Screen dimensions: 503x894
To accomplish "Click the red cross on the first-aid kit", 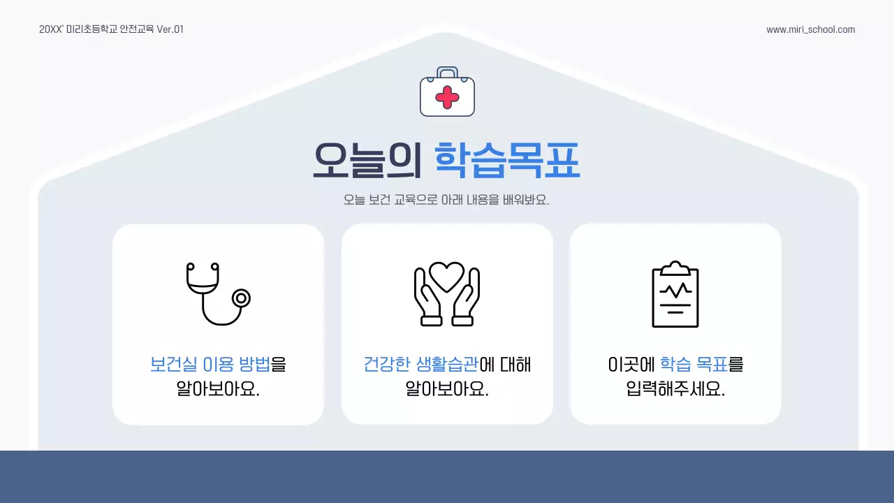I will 447,97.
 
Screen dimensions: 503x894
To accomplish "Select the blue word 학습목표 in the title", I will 507,161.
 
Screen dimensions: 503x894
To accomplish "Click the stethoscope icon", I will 217,293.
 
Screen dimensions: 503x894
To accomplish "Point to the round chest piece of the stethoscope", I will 241,298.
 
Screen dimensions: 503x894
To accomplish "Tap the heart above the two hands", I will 447,276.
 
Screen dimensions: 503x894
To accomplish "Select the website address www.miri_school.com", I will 810,29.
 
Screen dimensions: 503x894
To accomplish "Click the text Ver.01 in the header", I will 170,29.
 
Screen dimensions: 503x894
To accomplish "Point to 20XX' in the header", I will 51,29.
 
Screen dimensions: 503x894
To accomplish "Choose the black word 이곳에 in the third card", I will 631,365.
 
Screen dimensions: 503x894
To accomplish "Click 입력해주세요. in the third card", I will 675,389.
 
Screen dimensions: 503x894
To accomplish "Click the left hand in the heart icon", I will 428,299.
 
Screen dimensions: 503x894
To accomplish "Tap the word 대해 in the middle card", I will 515,365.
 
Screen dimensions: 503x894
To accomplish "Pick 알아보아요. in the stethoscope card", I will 217,389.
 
